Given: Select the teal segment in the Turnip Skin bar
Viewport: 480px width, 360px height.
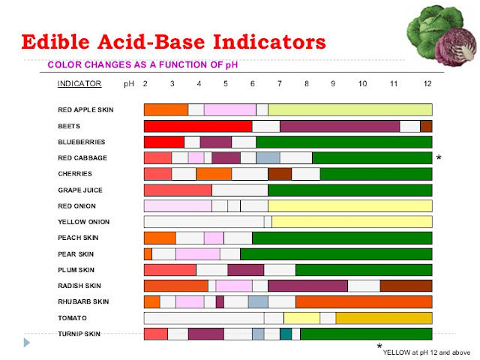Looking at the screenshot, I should (286, 334).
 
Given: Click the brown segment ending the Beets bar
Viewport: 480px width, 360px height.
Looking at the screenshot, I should (426, 126).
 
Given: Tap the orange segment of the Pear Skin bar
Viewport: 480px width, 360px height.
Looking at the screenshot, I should (148, 253).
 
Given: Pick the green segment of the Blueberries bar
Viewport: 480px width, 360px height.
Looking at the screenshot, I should (343, 142).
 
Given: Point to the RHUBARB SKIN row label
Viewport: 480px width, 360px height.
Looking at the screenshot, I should (83, 301).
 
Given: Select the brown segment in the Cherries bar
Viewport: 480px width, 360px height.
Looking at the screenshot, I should (279, 174).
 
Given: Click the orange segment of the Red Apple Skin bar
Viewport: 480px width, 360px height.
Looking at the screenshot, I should (166, 109).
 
